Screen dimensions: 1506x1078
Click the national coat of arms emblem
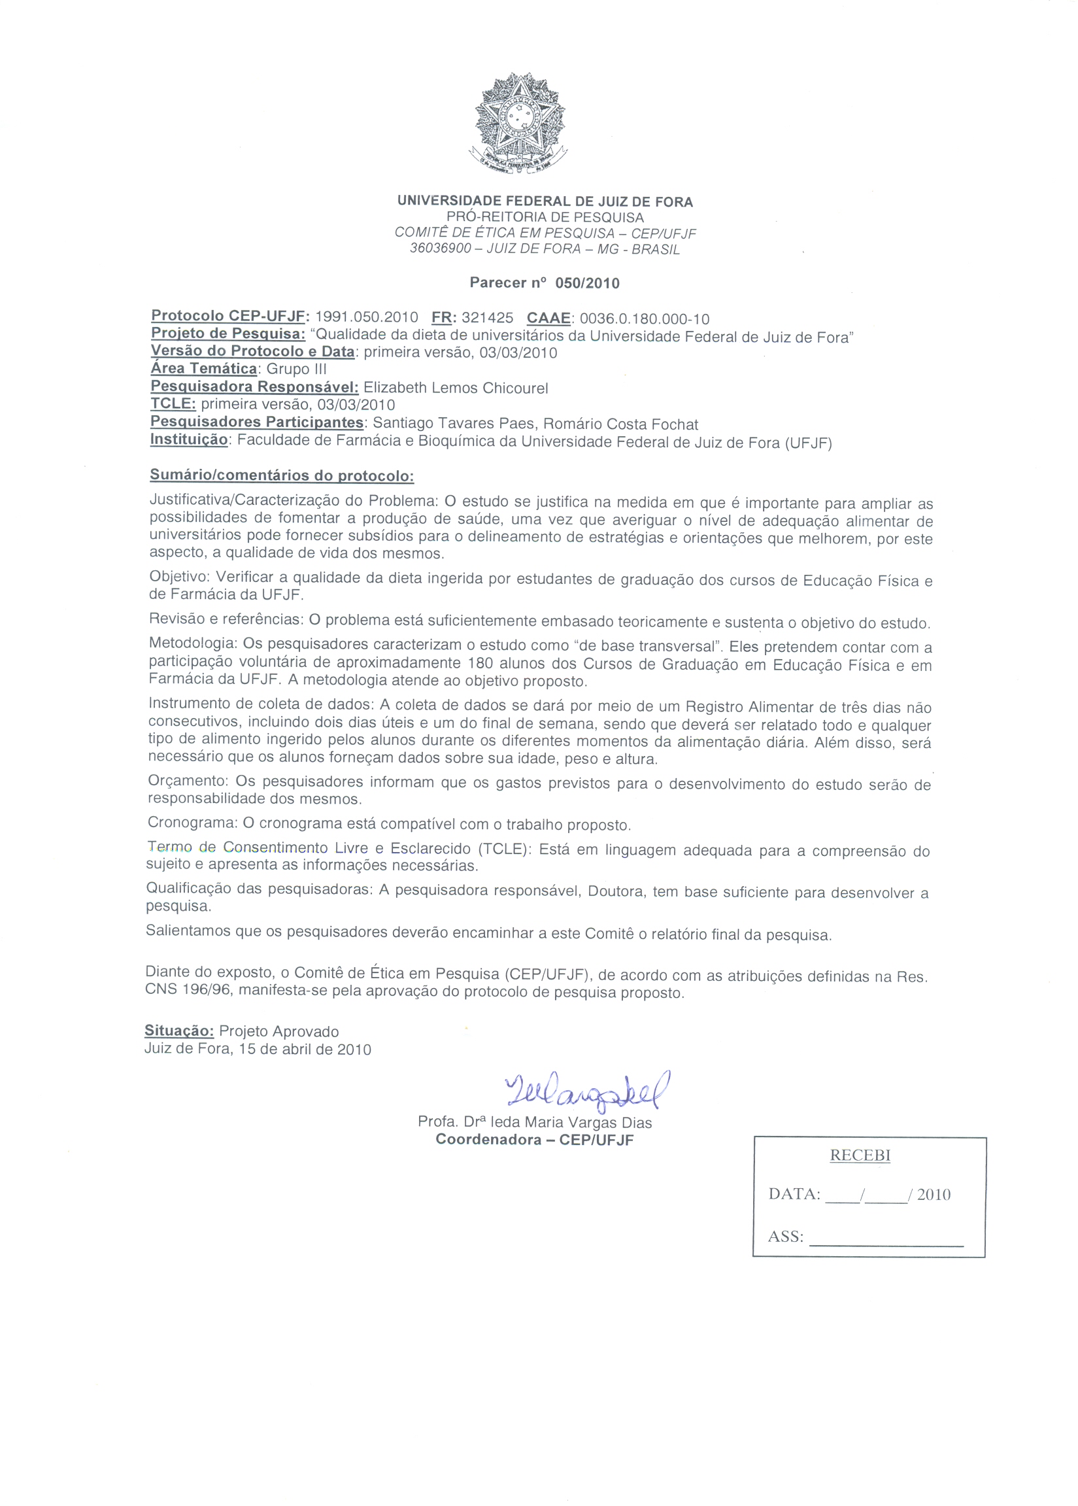520,124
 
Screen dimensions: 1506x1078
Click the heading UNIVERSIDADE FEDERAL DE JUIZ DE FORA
545,202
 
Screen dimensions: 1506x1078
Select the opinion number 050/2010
587,284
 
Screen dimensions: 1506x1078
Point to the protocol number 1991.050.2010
366,317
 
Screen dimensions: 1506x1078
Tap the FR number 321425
487,318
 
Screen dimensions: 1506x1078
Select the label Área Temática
204,369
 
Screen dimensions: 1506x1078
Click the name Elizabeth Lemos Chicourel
456,388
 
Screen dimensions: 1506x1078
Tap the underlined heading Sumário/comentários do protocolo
282,475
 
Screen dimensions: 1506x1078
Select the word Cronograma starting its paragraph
192,823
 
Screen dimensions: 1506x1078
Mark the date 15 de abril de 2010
303,1050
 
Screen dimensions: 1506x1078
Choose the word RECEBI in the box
860,1155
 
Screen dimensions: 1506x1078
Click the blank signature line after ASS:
886,1239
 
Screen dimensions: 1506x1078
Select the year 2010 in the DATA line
934,1195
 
